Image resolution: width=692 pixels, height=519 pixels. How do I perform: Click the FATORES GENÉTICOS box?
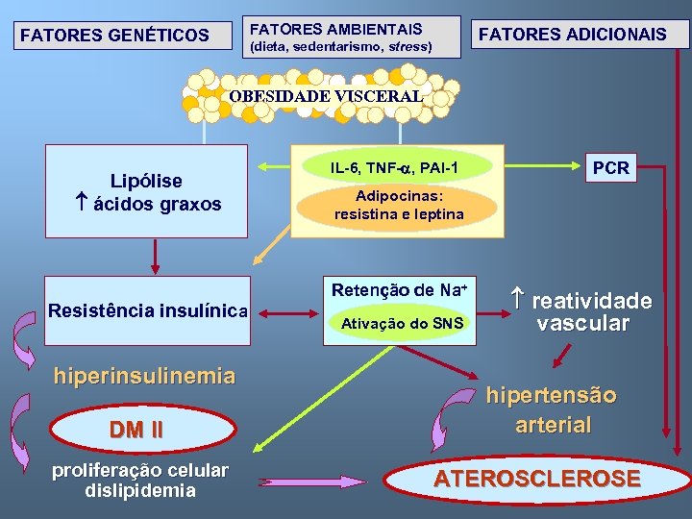[114, 36]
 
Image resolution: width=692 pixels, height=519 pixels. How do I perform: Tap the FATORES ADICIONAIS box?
[573, 35]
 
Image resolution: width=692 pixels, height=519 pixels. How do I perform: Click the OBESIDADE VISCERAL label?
[326, 95]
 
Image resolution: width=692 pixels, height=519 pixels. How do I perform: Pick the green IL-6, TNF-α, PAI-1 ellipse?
[394, 168]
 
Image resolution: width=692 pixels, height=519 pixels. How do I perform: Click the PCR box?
[611, 168]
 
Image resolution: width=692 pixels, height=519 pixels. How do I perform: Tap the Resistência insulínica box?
[148, 310]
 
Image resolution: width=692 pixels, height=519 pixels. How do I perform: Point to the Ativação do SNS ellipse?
[402, 324]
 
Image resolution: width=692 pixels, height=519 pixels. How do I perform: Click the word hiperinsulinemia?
[144, 375]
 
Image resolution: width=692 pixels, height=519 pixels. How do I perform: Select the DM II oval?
[136, 431]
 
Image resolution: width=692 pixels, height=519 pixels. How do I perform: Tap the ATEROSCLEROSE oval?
[536, 479]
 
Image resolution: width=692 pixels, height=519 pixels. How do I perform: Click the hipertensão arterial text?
[552, 409]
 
